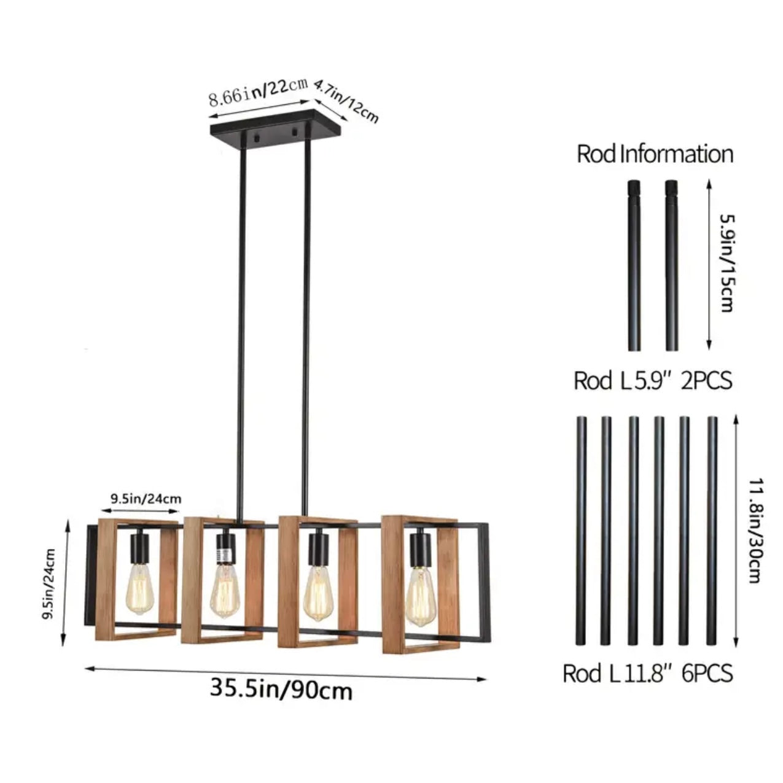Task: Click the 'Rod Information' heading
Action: [x=655, y=154]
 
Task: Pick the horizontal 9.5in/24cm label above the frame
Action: [x=146, y=499]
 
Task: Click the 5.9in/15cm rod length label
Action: [x=727, y=263]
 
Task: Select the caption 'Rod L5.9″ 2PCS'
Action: [x=653, y=381]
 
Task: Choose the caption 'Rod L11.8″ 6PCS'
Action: [x=648, y=673]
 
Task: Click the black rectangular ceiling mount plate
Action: [x=276, y=128]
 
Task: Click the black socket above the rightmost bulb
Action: [x=418, y=550]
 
